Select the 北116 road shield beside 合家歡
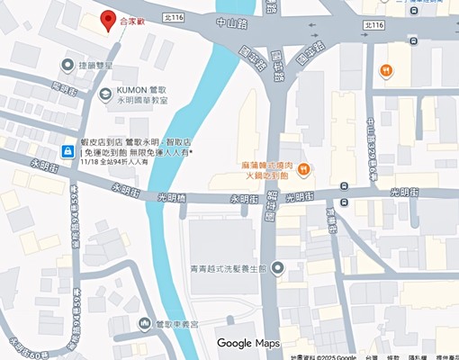click(174, 17)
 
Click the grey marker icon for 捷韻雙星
click(67, 65)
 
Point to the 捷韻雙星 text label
click(94, 66)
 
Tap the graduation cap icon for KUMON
click(105, 93)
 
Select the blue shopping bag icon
click(67, 150)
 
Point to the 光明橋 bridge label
click(174, 198)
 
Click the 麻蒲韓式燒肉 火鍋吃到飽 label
click(268, 170)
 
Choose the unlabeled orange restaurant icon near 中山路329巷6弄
click(385, 70)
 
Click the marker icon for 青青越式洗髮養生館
click(277, 267)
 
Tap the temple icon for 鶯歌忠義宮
click(144, 323)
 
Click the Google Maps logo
click(248, 343)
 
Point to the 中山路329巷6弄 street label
click(371, 136)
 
